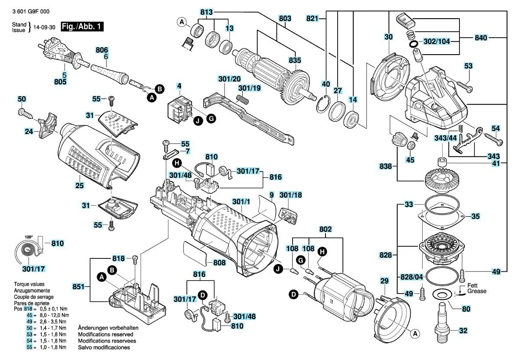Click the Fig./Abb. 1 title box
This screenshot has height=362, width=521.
pos(82,26)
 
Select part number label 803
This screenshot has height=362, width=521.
pos(285,19)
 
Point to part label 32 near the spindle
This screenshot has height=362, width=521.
pos(463,331)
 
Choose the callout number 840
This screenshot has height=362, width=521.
pos(481,38)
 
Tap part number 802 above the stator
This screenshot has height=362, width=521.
pos(326,228)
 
